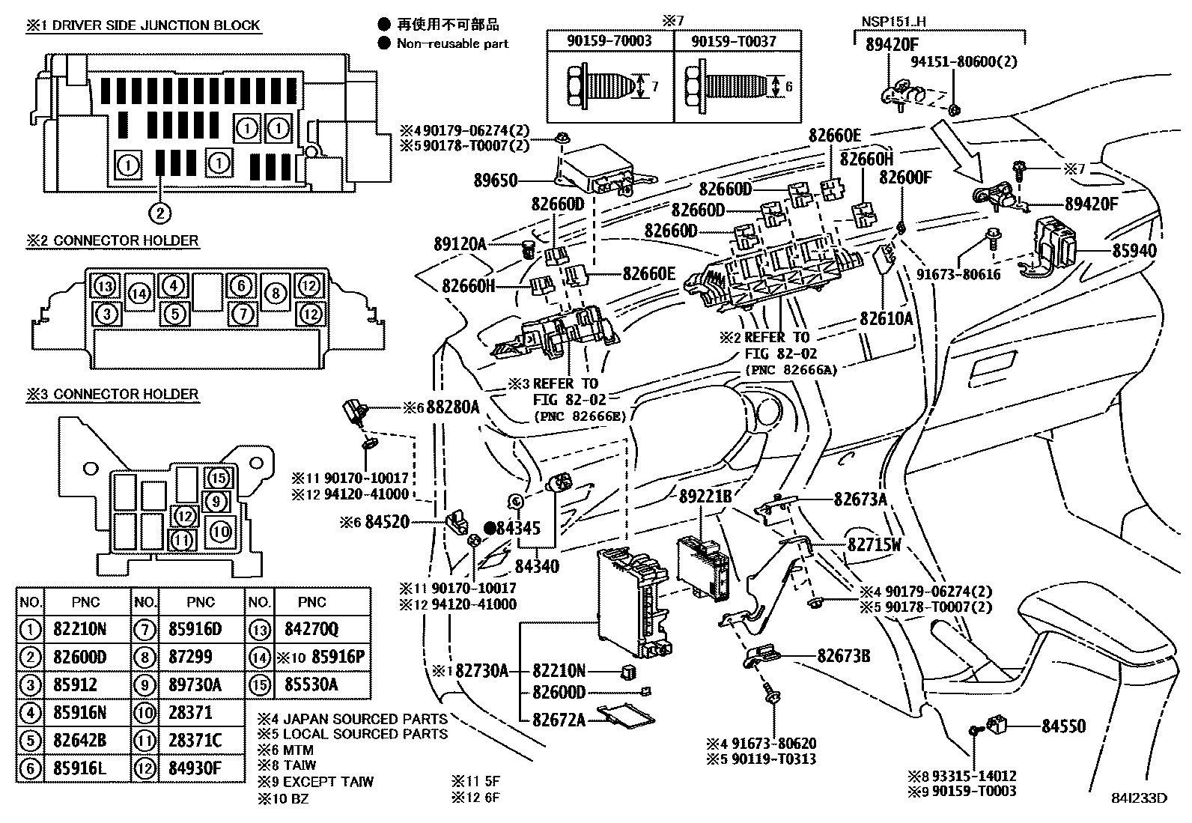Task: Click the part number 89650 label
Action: pos(496,180)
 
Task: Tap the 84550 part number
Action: pos(1064,726)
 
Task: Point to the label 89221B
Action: pos(705,496)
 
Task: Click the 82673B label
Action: pos(843,656)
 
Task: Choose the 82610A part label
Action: pos(887,318)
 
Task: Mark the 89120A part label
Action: pos(460,243)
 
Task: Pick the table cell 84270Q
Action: pos(311,629)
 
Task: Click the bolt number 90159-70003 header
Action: pos(610,41)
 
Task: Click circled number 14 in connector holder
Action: pos(139,294)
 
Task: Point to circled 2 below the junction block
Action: pos(159,213)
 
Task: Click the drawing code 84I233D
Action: pos(1139,798)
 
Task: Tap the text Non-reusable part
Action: pos(452,43)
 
